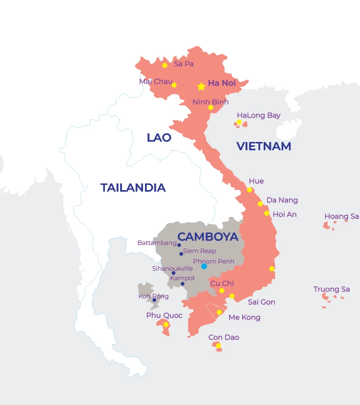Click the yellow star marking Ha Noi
[201, 87]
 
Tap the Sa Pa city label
[184, 64]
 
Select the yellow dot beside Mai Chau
[174, 85]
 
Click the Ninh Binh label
[210, 102]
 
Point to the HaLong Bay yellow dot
[239, 122]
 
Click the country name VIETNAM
[264, 146]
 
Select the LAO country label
[159, 138]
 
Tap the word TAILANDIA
[133, 188]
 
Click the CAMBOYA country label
[207, 237]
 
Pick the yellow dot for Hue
[249, 190]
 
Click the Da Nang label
[282, 200]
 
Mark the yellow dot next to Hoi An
[267, 213]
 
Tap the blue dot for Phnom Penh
[204, 266]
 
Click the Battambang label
[156, 243]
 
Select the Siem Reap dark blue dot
[181, 254]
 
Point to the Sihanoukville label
[172, 269]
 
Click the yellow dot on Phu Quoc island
[165, 324]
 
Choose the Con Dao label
[224, 337]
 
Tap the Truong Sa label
[331, 289]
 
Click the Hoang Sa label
[341, 216]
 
